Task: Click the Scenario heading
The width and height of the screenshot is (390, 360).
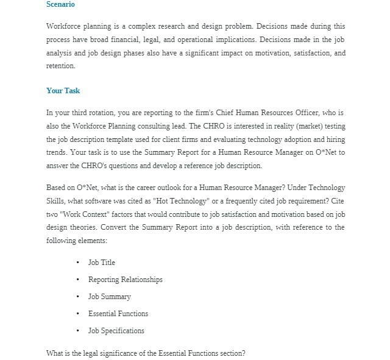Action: pyautogui.click(x=60, y=5)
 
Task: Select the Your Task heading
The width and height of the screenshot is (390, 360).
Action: pyautogui.click(x=63, y=91)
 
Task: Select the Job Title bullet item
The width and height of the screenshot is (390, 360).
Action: pyautogui.click(x=101, y=263)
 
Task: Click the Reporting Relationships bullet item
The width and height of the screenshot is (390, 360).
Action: pyautogui.click(x=125, y=280)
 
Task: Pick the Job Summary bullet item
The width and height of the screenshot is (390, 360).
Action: pyautogui.click(x=109, y=297)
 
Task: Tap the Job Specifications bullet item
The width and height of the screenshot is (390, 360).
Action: pyautogui.click(x=116, y=331)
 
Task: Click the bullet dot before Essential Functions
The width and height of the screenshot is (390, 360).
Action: pyautogui.click(x=78, y=314)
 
